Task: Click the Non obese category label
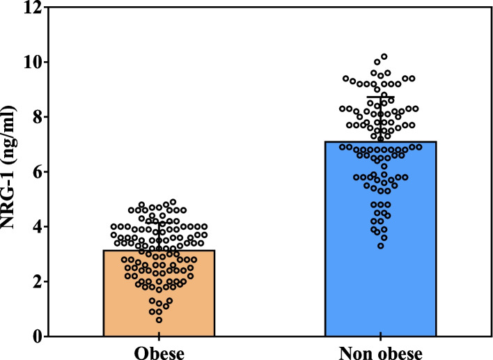pyautogui.click(x=380, y=352)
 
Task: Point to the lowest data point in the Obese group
pyautogui.click(x=159, y=320)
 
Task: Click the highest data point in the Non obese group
pyautogui.click(x=384, y=56)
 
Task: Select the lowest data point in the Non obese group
pyautogui.click(x=380, y=246)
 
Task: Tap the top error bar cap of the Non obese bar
pyautogui.click(x=380, y=97)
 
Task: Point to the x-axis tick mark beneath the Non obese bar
pyautogui.click(x=380, y=339)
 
